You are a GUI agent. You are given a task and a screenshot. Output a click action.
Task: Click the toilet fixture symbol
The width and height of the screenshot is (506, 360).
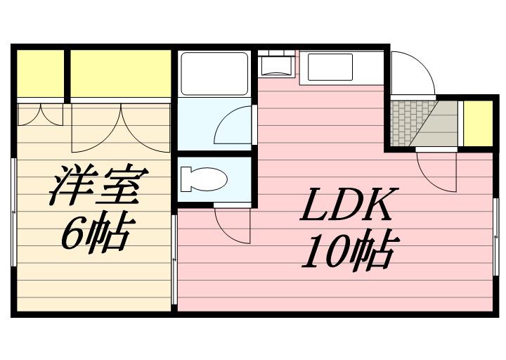pos(202,180)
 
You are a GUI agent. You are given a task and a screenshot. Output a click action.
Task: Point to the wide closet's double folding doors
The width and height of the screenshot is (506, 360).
pos(121,127)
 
